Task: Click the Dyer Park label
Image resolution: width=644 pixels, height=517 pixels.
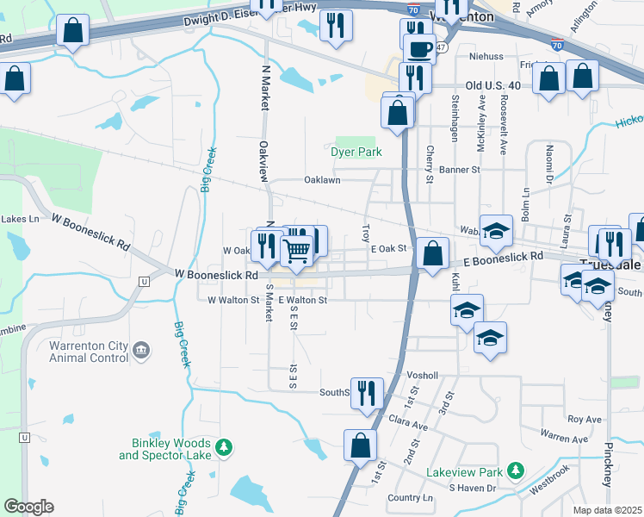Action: point(355,153)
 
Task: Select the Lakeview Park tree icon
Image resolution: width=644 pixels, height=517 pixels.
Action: point(516,471)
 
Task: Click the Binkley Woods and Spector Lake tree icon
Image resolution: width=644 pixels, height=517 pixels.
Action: point(224,447)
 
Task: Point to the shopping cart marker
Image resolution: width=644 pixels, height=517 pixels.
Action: point(296,250)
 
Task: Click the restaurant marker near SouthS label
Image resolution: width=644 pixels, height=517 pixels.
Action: point(367,393)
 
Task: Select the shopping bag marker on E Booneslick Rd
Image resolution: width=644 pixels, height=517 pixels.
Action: point(433,254)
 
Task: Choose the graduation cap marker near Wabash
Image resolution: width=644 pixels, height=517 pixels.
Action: point(496,230)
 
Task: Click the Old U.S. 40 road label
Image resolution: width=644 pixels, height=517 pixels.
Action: point(492,85)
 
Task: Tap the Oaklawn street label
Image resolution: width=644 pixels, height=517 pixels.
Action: point(322,180)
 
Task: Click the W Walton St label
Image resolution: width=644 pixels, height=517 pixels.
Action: point(233,300)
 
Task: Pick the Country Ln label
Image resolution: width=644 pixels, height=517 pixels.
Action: point(410,498)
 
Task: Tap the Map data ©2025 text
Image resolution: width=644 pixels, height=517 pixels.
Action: point(607,510)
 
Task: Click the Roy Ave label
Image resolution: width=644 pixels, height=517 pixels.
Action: point(584,420)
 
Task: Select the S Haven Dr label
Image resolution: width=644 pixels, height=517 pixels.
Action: point(473,488)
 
